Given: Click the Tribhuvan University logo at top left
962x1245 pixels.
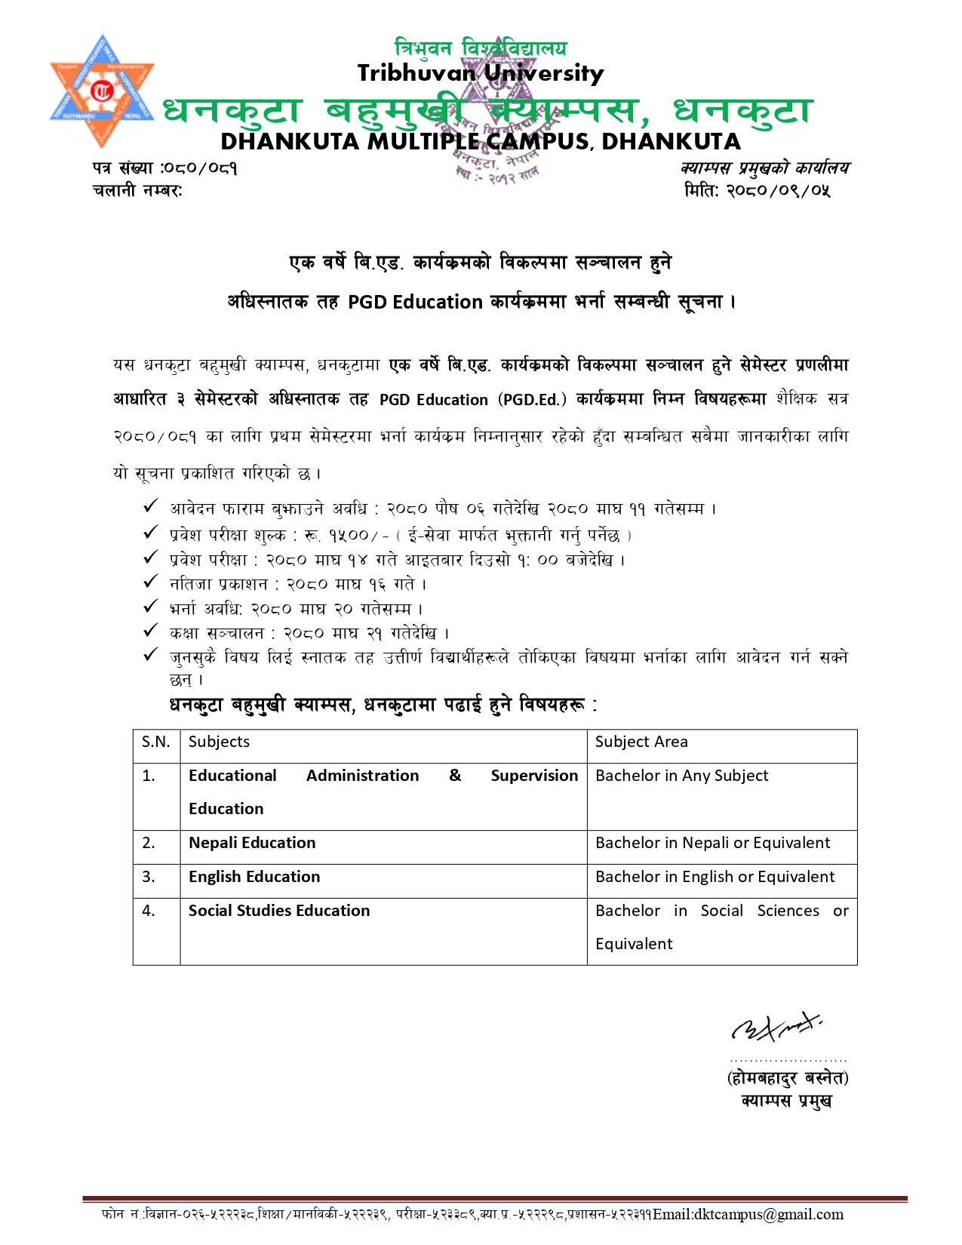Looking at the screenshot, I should coord(102,91).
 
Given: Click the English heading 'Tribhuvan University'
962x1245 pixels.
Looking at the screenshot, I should coord(480,73).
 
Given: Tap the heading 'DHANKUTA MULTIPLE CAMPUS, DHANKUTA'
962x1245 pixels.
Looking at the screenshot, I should coord(480,142).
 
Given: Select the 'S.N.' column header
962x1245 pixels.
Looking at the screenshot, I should coord(156,742).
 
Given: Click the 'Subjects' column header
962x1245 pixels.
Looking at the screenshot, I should coord(219,742).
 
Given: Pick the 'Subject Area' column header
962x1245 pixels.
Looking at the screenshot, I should coord(641,742).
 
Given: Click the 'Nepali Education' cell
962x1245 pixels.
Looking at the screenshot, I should coord(252,843).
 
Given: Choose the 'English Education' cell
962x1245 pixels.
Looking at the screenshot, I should coord(254,877).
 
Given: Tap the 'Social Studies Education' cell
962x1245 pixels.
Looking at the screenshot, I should coord(279,911).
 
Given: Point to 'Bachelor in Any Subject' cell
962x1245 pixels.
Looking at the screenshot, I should coord(682,776).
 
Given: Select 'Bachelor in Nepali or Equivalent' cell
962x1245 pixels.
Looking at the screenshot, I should coord(712,843).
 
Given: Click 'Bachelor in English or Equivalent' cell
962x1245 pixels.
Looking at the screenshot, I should coord(715,877).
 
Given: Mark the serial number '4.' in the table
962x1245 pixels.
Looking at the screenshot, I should coord(149,911).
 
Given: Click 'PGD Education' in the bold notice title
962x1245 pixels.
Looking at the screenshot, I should coord(415,303).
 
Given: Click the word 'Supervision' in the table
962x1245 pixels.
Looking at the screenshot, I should coord(534,776).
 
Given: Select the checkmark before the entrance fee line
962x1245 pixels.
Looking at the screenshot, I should coord(151,533).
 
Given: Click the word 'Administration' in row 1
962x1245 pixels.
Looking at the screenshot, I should coord(362,776).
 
